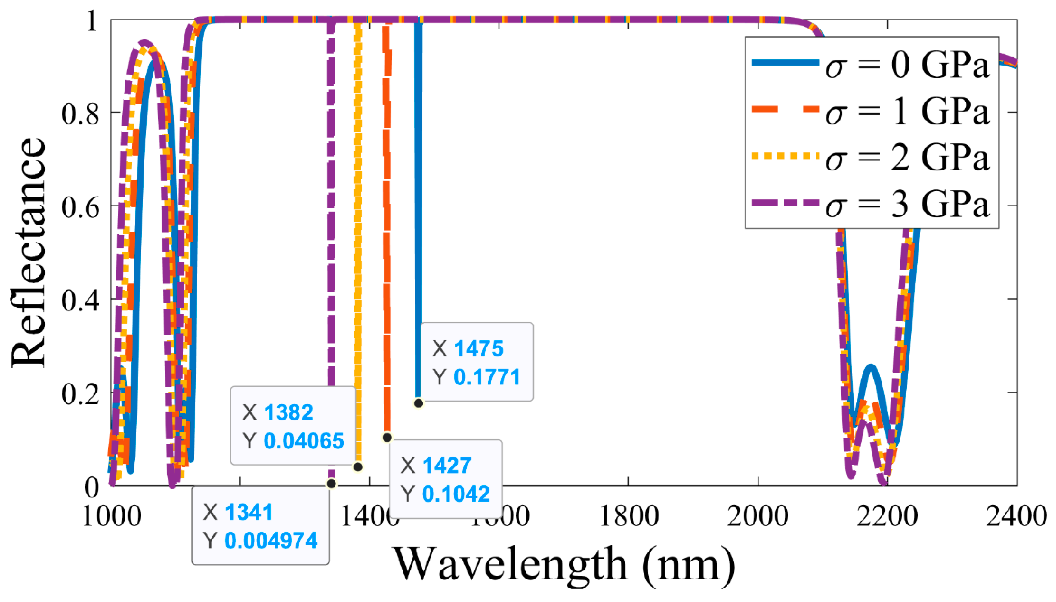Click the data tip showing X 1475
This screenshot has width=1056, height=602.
tap(477, 362)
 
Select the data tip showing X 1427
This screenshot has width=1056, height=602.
tap(446, 479)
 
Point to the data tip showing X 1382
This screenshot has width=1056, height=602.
tap(293, 426)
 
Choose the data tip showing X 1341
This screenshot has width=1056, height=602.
tap(260, 526)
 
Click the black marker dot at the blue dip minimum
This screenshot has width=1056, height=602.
tap(418, 403)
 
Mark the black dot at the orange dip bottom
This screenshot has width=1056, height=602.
tap(387, 437)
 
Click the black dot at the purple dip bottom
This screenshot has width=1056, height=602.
tap(331, 483)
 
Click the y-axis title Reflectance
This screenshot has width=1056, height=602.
tap(28, 252)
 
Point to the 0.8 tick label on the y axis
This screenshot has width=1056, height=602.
tap(80, 113)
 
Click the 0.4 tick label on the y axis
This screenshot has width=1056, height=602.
tap(80, 299)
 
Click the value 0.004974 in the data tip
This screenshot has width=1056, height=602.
tap(271, 541)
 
